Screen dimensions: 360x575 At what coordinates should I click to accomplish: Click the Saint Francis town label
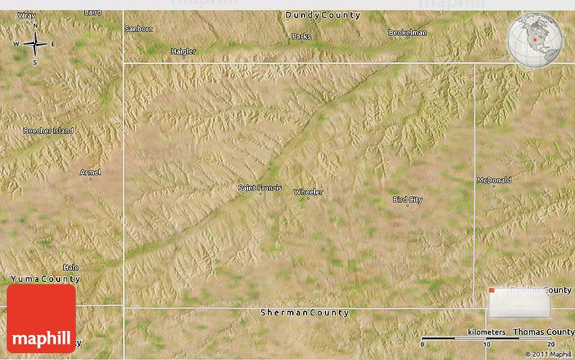coord(260,188)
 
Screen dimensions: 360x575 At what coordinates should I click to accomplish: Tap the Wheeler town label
coord(308,192)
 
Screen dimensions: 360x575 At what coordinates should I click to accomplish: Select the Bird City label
coord(407,200)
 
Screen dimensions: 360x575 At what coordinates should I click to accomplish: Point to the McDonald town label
coord(494,180)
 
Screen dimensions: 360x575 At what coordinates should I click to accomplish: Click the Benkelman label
coord(407,32)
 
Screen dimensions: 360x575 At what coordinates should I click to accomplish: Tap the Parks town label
coord(301,36)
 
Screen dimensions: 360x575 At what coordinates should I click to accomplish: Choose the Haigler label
coord(183,51)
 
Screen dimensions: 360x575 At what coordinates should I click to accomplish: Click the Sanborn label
coord(139,28)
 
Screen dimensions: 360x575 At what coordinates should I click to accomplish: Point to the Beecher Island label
coord(49,131)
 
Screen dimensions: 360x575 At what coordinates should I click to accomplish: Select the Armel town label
coord(90,173)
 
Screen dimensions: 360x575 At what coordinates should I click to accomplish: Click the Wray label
coord(26,15)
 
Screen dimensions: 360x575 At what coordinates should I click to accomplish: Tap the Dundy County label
coord(323,15)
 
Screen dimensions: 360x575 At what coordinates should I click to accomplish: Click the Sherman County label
coord(305,313)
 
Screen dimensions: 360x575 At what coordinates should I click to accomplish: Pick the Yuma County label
coord(45,279)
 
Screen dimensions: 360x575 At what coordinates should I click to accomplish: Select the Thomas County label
coord(543,332)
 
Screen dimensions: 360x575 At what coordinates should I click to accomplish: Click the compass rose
coord(34,44)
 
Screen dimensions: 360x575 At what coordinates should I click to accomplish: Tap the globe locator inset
coord(534,41)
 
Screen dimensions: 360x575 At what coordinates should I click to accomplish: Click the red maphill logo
coord(41,319)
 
